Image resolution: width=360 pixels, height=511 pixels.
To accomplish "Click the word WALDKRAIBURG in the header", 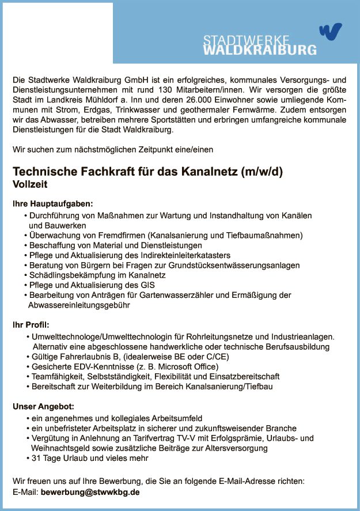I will point(260,50).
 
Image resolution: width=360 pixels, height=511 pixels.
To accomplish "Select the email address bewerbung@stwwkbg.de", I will point(90,493).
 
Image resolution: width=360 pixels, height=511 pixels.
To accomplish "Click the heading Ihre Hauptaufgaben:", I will point(52,204).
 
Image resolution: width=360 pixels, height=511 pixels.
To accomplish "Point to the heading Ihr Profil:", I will point(32,325).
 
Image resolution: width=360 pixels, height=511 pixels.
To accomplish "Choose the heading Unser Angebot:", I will point(43,407).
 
